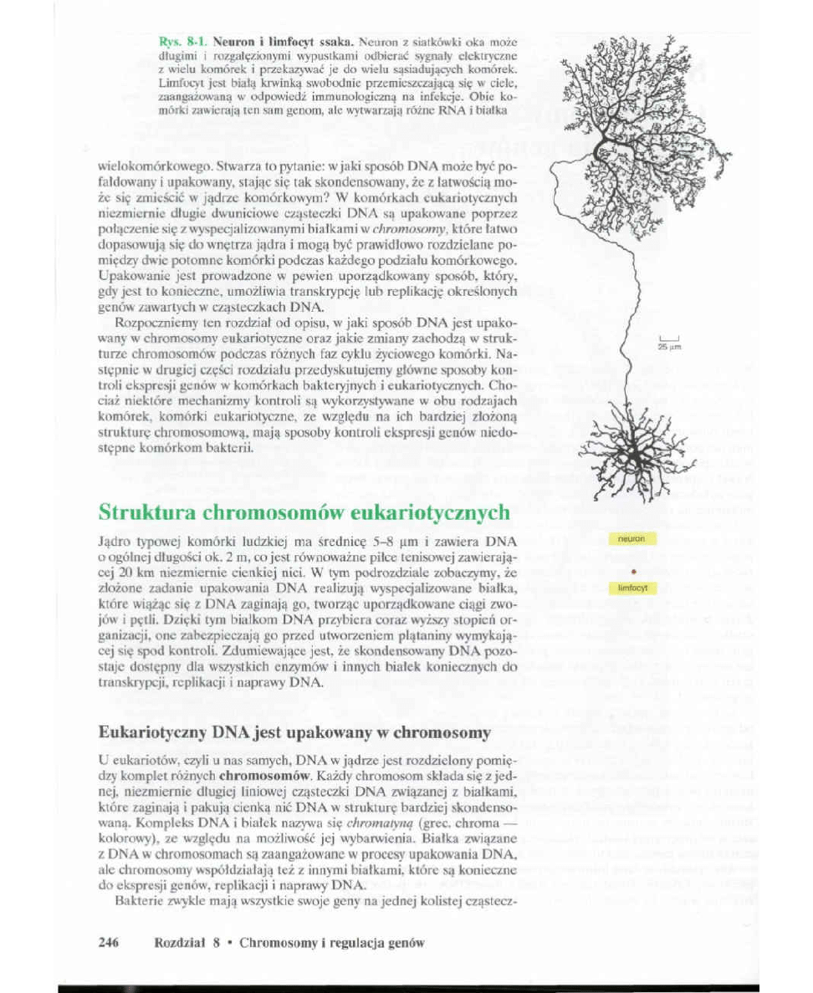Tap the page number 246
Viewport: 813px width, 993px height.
(x=109, y=943)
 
